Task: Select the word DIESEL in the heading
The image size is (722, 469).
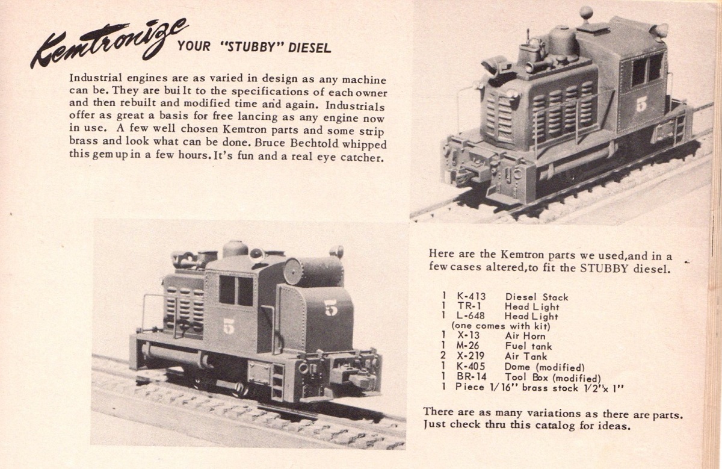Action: [x=309, y=48]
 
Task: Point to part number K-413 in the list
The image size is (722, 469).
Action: [x=471, y=296]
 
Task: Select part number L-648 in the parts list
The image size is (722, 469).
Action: [x=471, y=315]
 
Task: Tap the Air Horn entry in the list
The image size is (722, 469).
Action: [x=525, y=336]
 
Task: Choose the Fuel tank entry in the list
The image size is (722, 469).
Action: [x=528, y=346]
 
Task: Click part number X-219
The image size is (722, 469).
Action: [x=471, y=356]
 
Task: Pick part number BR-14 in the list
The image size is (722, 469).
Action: [x=472, y=377]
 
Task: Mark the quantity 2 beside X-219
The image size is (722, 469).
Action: [x=443, y=356]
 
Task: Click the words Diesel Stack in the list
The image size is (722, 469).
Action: [x=537, y=297]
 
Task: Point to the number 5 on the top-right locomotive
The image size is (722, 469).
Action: [x=641, y=105]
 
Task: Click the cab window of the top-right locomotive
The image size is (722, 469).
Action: [x=647, y=70]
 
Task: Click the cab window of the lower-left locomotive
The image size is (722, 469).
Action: [x=236, y=291]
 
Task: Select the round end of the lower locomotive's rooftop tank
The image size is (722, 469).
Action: [x=292, y=272]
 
